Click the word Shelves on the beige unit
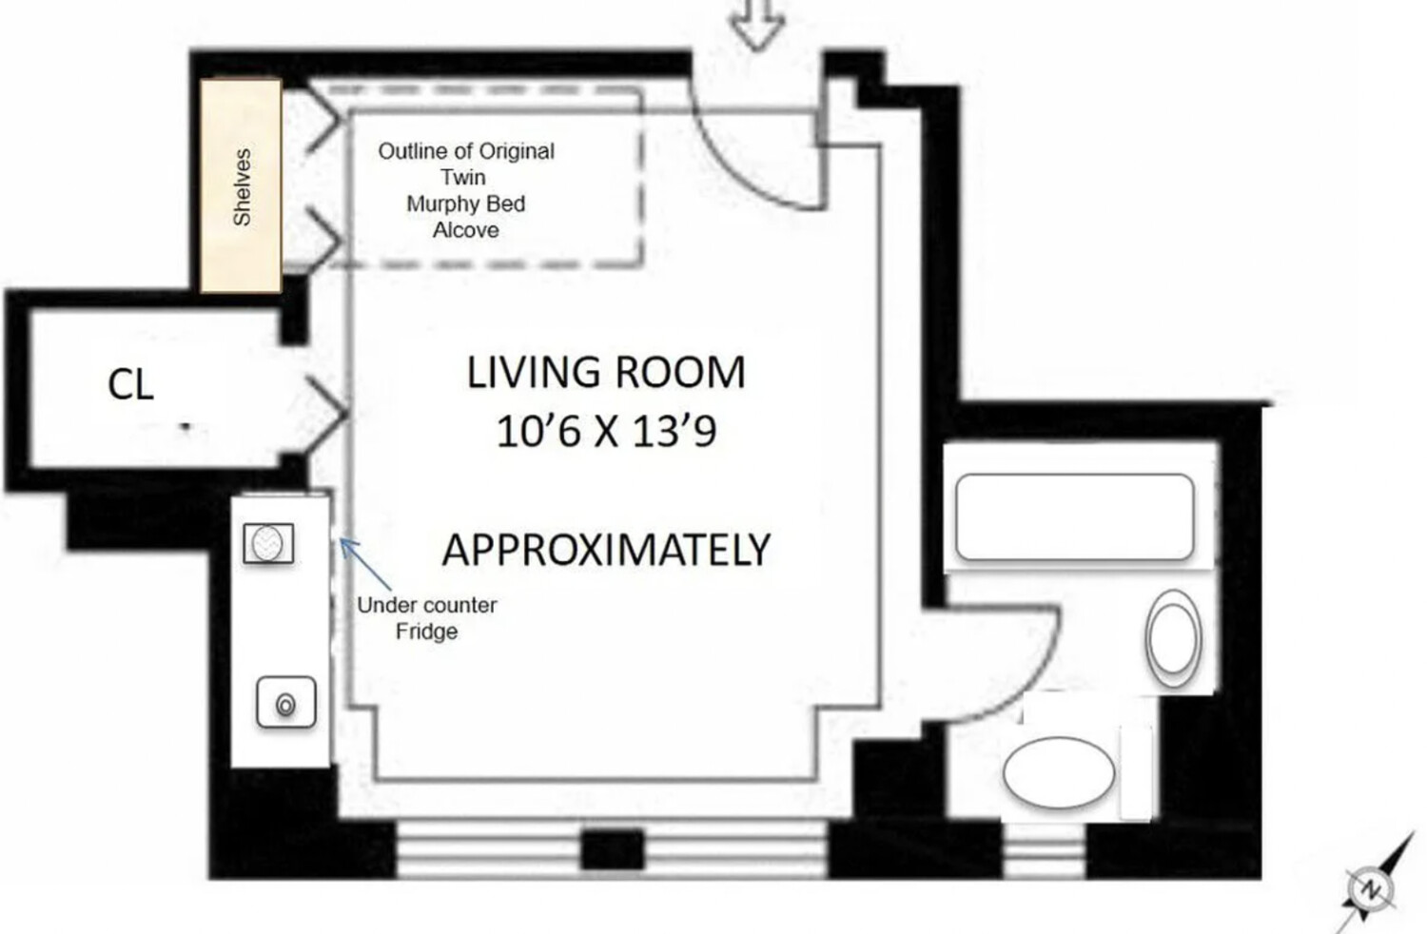click(242, 187)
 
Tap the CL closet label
click(130, 385)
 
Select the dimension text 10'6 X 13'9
click(606, 432)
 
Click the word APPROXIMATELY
click(606, 550)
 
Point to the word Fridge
click(426, 632)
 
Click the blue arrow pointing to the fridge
click(365, 564)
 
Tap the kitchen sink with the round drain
click(285, 704)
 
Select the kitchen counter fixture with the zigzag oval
click(268, 544)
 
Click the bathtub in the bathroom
click(1074, 517)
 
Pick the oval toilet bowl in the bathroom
click(1058, 773)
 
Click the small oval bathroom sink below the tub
click(1173, 638)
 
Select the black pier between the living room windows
click(612, 848)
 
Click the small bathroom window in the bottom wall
click(1045, 851)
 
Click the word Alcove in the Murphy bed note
click(465, 230)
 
